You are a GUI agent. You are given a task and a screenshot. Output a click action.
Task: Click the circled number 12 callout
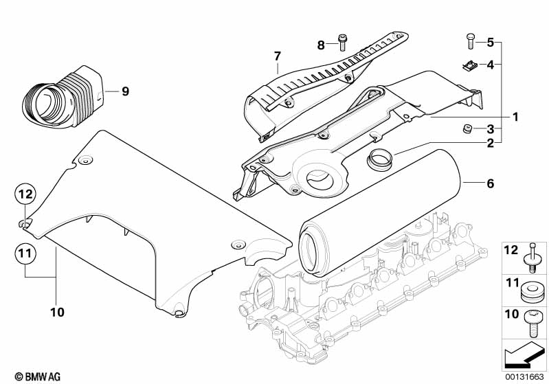(x=25, y=195)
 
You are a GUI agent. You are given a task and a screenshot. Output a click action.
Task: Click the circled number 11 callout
(x=25, y=255)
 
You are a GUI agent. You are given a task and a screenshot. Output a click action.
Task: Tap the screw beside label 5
(x=469, y=41)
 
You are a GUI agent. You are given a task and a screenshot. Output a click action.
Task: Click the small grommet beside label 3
(x=466, y=128)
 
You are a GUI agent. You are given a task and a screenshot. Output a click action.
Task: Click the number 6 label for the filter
(x=491, y=183)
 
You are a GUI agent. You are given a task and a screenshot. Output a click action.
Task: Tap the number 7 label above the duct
(x=278, y=56)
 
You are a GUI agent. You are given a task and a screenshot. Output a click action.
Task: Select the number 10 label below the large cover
(x=57, y=312)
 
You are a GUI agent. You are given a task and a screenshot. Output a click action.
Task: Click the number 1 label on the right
(x=515, y=117)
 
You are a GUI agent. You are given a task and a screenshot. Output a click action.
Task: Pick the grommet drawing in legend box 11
(x=531, y=291)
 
